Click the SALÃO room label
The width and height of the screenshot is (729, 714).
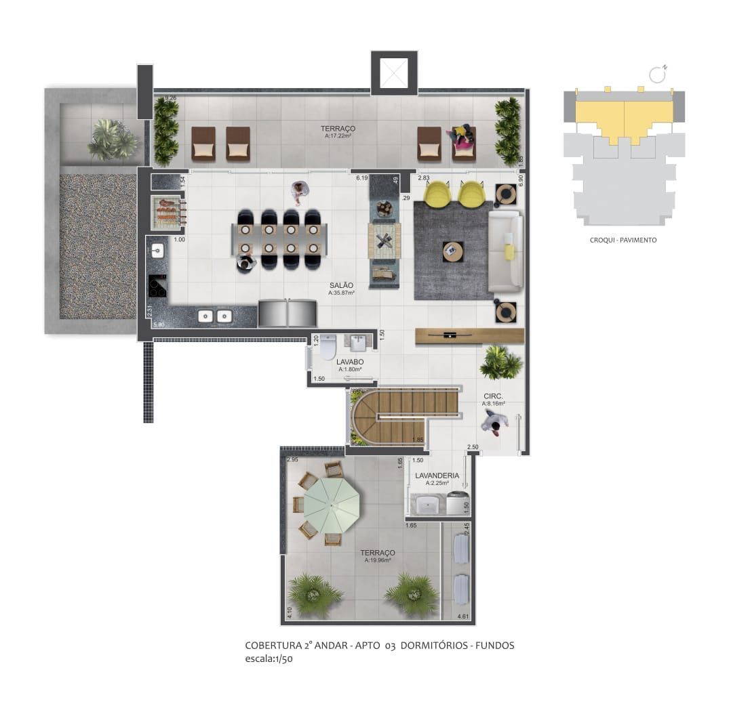pos(340,285)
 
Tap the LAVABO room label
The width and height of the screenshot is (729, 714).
pos(350,362)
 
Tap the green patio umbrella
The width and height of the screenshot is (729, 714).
pos(331,505)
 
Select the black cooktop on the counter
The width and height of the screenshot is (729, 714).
pos(157,286)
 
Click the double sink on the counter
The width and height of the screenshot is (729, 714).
pos(214,316)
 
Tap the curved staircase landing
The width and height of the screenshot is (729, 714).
pos(366,417)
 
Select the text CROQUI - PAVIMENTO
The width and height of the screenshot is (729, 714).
pos(623,240)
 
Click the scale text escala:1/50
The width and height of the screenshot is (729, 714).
pos(269,658)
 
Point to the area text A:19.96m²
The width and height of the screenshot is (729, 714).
pos(379,560)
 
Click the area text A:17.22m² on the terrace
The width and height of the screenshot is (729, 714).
pos(338,135)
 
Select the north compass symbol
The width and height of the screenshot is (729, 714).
pos(657,73)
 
